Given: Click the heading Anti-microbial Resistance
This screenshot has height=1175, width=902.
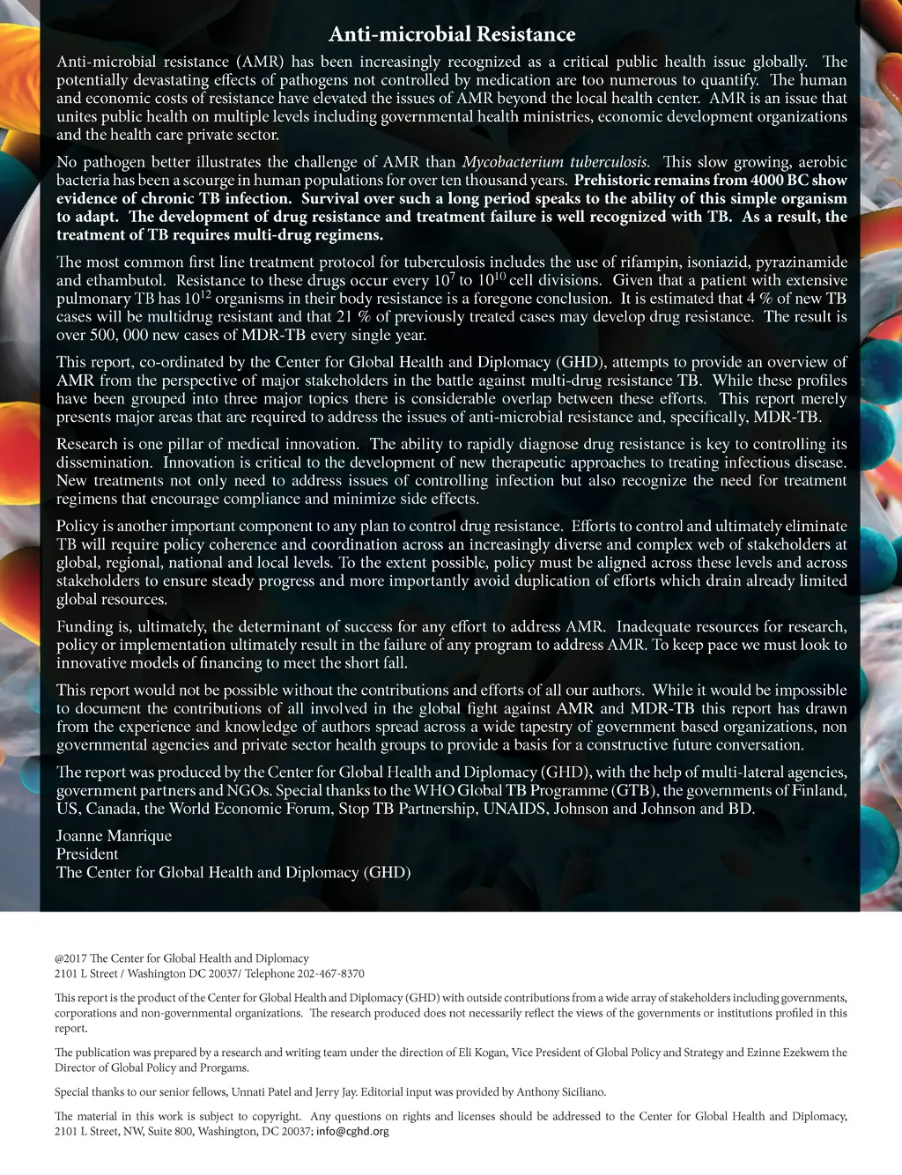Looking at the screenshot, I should point(451,34).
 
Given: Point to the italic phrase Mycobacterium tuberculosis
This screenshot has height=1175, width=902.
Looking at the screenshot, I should point(556,162).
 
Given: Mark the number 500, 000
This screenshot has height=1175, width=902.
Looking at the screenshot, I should point(121,336).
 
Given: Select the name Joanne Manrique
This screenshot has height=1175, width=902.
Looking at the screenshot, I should point(114,836).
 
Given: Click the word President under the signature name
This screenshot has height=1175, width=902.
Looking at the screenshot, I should point(87,854).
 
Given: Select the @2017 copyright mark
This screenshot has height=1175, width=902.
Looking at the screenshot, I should point(70,958).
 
